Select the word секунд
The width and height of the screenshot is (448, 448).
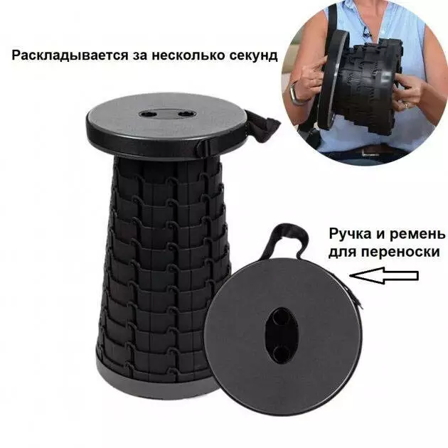coord(254,55)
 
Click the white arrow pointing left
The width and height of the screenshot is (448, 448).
coord(384,275)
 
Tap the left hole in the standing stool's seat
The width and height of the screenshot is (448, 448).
coord(149,114)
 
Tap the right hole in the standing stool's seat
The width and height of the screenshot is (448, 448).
coord(186,114)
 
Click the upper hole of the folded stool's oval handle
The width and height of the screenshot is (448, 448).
coord(281,318)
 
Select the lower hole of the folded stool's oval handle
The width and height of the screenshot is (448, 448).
coord(281,353)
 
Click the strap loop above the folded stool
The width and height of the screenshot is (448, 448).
coord(288,240)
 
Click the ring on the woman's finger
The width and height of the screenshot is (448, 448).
coord(407,105)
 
